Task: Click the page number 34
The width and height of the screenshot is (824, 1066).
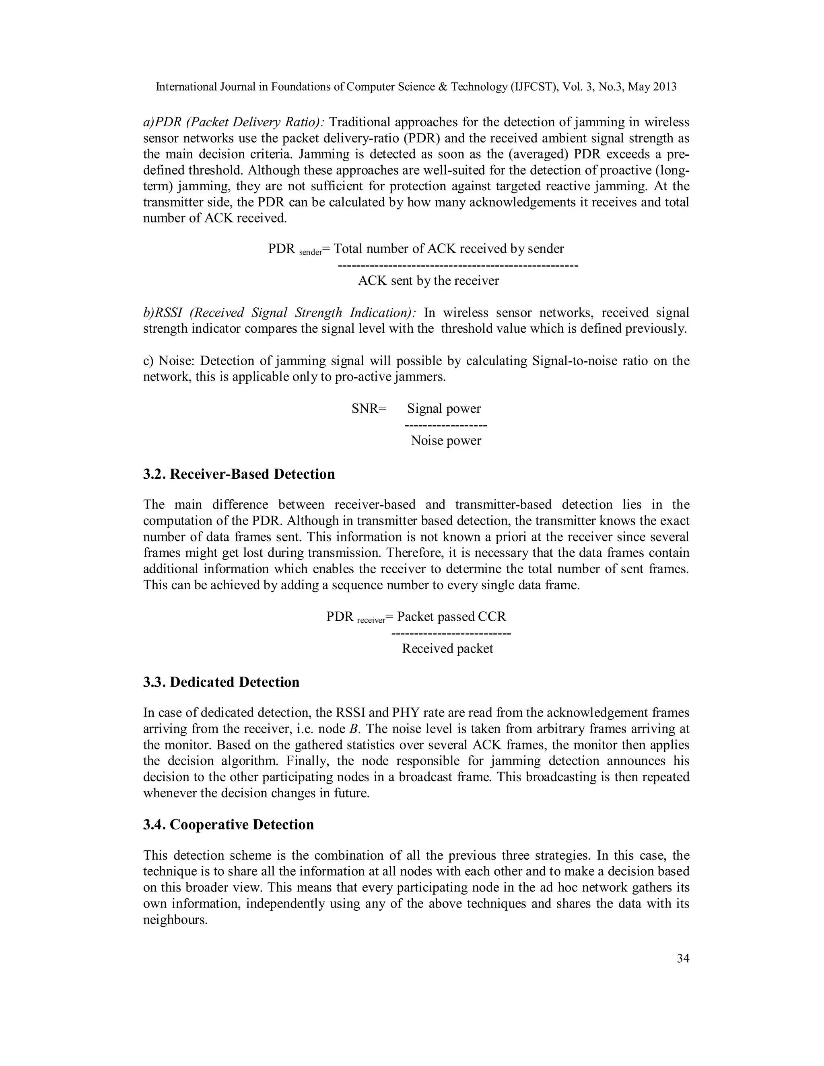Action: [683, 958]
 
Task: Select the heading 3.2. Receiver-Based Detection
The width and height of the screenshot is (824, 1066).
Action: [239, 474]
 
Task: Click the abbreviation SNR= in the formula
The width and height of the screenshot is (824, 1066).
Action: [369, 409]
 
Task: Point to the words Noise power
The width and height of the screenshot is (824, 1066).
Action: [446, 441]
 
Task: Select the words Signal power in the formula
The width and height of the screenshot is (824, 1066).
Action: [444, 409]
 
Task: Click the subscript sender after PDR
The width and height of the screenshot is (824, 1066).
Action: [311, 252]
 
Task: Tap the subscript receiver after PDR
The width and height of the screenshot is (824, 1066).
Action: [371, 620]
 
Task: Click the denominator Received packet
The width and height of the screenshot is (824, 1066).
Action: [447, 649]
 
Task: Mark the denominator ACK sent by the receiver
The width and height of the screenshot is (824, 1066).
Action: [428, 281]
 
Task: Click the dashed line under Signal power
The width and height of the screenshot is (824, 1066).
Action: [446, 426]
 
